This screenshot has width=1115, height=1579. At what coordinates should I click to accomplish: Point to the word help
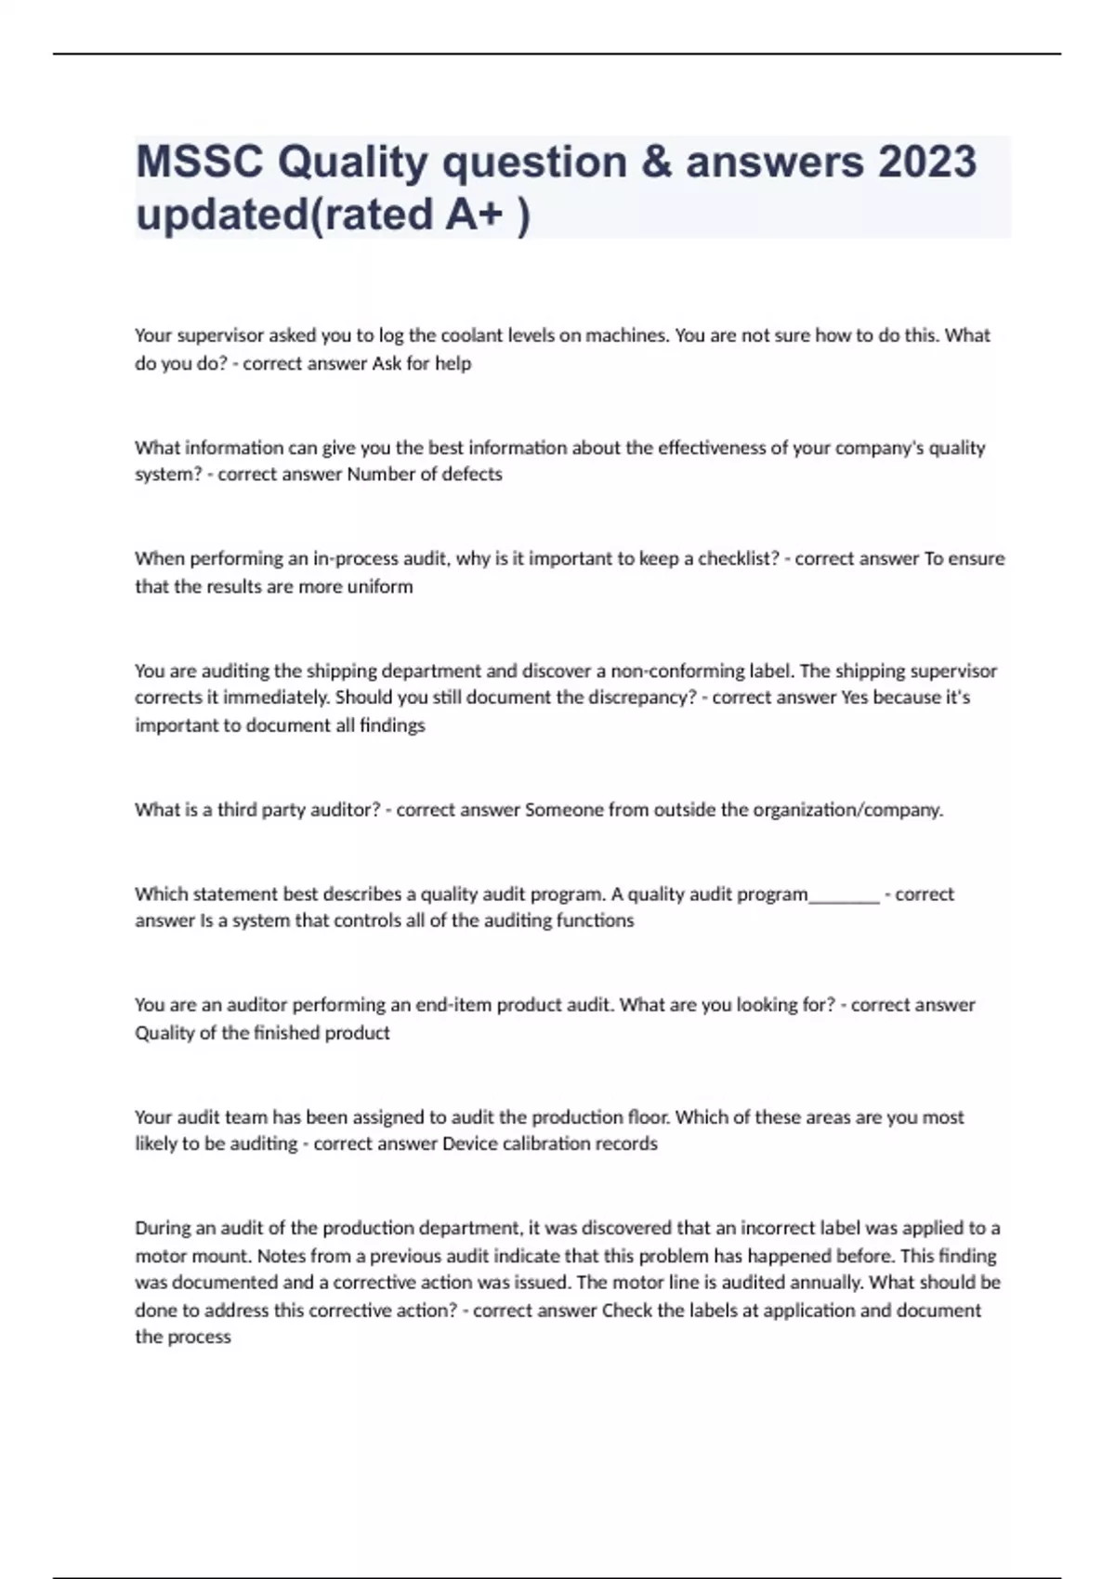[x=453, y=363]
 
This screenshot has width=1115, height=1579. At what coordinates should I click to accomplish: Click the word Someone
[x=564, y=810]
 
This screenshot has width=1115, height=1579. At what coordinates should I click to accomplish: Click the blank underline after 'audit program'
[x=844, y=896]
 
